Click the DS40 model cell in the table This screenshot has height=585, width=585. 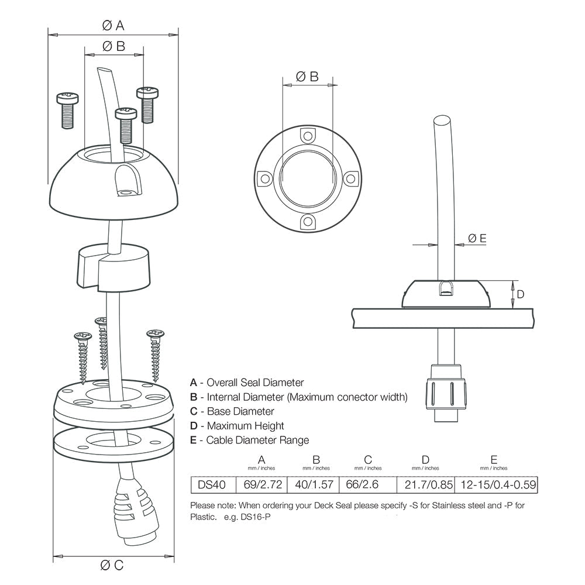(212, 484)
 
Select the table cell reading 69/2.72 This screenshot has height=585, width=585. (261, 484)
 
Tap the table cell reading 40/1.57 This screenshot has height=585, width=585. (316, 484)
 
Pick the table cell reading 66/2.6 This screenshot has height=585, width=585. (367, 484)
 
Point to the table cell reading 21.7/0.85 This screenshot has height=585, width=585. (425, 484)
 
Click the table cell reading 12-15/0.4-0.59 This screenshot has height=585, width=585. (494, 484)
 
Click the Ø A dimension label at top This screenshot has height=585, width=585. (113, 25)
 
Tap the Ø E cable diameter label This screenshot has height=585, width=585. (477, 238)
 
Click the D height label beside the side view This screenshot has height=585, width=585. (521, 294)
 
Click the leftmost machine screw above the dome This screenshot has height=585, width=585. (67, 109)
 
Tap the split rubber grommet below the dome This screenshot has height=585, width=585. (112, 267)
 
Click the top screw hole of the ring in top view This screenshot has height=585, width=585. (307, 136)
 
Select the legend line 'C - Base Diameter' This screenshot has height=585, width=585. (232, 411)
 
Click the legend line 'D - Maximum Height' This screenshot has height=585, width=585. (237, 426)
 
